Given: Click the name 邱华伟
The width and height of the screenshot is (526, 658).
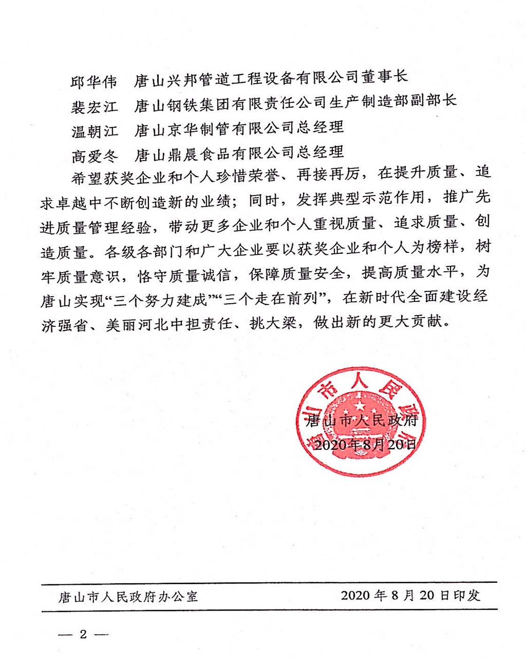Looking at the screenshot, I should click(x=94, y=82).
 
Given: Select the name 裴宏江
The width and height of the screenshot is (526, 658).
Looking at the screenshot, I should click(x=94, y=107).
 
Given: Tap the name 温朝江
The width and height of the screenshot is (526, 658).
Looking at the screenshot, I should click(x=94, y=131).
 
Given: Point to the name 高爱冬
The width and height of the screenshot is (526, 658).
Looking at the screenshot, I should click(x=94, y=156).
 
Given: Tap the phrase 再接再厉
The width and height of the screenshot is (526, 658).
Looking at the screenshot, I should click(x=328, y=174).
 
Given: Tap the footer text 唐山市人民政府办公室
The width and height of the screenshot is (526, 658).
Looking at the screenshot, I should click(x=128, y=597).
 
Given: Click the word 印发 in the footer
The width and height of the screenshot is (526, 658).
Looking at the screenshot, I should click(x=467, y=595).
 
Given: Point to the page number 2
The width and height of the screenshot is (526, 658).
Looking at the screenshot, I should click(x=83, y=634).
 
